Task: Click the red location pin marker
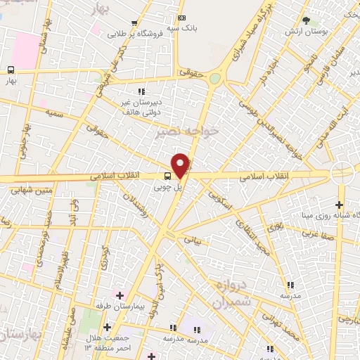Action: tap(181, 165)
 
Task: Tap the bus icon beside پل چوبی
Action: tap(168, 176)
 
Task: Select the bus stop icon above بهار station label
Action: tap(11, 70)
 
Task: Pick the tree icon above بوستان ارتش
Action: tap(305, 20)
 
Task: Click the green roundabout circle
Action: tap(215, 79)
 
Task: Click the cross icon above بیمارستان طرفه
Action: tap(119, 296)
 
